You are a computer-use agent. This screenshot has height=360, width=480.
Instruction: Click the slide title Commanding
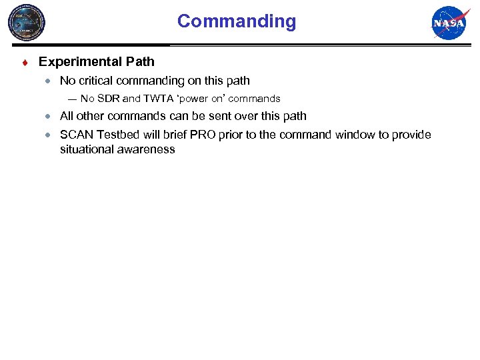pos(236,21)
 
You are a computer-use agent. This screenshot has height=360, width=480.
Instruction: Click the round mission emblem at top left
pos(27,23)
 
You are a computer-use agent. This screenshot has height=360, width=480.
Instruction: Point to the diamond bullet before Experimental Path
pos(24,63)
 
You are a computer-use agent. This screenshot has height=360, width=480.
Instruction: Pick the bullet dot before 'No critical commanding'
pos(48,81)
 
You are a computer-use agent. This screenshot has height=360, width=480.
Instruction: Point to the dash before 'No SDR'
pos(71,99)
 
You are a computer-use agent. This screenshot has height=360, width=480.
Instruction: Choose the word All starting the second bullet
pos(67,116)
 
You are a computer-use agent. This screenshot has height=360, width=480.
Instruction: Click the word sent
pos(229,116)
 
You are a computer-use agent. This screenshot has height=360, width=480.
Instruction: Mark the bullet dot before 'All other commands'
pos(48,116)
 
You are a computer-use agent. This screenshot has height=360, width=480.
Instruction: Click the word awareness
pos(147,149)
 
